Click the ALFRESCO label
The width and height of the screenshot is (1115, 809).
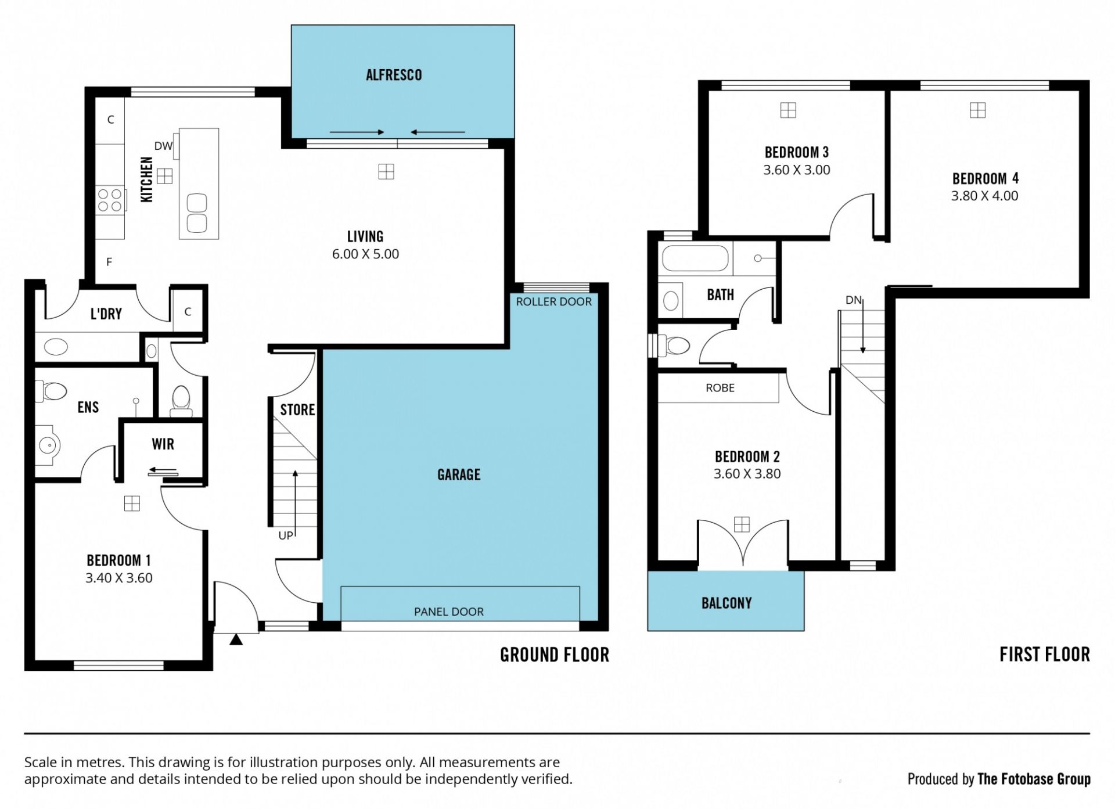click(394, 75)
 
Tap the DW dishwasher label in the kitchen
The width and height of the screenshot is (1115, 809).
click(163, 146)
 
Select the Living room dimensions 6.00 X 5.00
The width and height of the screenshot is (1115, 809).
click(365, 254)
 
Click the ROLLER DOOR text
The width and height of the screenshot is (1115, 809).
click(554, 301)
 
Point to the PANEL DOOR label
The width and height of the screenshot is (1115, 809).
click(449, 612)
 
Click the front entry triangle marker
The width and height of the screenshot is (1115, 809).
click(236, 639)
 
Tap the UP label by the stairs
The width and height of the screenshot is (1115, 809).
click(286, 535)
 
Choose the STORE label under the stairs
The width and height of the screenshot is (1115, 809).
click(297, 410)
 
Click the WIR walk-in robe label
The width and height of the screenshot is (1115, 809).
click(163, 444)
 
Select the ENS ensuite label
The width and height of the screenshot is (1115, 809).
click(88, 407)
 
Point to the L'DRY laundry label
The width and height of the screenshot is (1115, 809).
click(106, 314)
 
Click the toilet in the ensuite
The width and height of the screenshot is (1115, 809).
click(52, 391)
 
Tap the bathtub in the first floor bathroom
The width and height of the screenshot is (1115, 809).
click(695, 258)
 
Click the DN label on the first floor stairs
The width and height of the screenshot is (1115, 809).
click(853, 300)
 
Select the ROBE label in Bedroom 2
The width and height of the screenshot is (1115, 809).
click(720, 388)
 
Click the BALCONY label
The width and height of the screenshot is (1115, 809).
click(726, 603)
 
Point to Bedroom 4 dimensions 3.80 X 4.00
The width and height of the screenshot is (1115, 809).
click(985, 196)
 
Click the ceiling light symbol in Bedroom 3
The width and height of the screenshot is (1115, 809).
click(788, 110)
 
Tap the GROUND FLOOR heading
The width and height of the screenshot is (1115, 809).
click(555, 655)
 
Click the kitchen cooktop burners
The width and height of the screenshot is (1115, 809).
click(110, 200)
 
